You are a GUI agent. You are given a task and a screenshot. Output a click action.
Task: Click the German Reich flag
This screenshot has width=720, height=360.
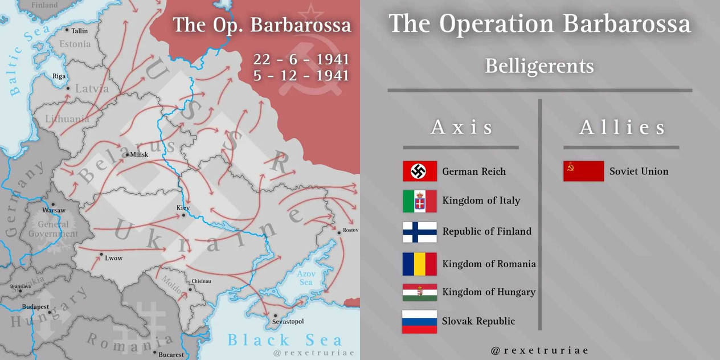click(420, 171)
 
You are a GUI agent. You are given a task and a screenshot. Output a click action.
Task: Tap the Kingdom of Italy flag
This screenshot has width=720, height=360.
click(420, 201)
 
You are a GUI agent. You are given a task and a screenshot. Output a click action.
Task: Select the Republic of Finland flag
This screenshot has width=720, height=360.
click(420, 232)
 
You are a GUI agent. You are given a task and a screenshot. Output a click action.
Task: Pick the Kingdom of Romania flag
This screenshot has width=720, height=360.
click(420, 264)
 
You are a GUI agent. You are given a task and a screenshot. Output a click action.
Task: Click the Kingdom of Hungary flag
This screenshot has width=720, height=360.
click(420, 292)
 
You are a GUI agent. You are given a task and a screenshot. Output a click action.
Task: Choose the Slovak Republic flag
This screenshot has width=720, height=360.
click(420, 321)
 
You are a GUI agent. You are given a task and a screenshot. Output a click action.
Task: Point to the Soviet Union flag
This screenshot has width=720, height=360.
click(583, 171)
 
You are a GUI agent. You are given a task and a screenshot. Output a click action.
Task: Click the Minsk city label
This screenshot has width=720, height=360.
click(139, 154)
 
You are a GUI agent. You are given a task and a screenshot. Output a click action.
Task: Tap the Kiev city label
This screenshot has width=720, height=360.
click(183, 208)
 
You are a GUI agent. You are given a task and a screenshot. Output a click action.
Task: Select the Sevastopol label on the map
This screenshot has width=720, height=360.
click(288, 321)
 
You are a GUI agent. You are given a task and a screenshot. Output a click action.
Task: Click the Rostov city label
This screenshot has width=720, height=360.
click(350, 231)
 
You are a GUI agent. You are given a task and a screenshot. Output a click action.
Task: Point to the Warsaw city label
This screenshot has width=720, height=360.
click(54, 210)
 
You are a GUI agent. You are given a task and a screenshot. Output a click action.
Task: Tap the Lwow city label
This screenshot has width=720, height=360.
click(113, 258)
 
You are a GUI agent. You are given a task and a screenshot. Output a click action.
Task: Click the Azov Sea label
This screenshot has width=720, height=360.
click(306, 278)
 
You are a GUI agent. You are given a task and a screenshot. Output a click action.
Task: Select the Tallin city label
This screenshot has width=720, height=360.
click(80, 31)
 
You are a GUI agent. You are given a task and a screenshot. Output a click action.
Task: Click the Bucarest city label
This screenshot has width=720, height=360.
click(171, 354)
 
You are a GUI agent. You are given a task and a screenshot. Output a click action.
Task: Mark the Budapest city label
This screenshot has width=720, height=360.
click(35, 306)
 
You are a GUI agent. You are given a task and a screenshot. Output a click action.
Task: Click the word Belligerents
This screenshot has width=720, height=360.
click(539, 66)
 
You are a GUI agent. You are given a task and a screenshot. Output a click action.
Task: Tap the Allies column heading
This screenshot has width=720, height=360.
click(622, 128)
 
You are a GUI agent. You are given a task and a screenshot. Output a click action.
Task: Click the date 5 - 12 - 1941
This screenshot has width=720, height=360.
click(301, 76)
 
